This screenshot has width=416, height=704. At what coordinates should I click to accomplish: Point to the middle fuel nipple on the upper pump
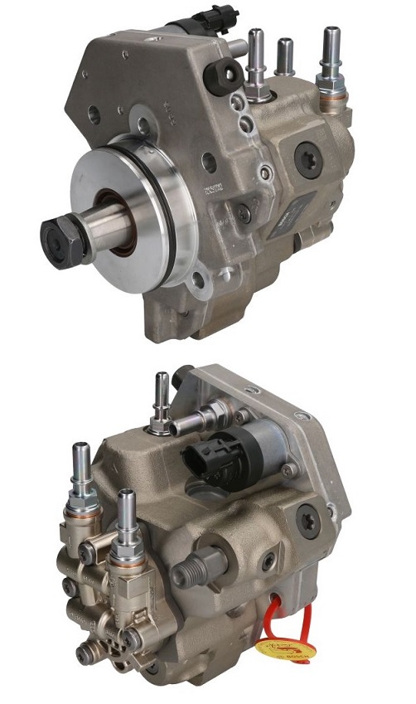click(x=284, y=55)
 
